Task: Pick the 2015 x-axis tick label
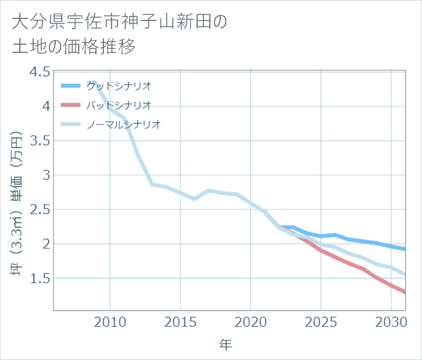(x=181, y=322)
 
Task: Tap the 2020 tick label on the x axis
(x=251, y=322)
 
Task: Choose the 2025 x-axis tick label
(x=321, y=322)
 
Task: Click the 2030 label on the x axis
(x=391, y=322)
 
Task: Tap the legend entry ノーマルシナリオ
(x=123, y=124)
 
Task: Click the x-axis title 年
(x=225, y=345)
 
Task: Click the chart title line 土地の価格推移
(x=73, y=47)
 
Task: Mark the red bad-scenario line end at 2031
(x=405, y=292)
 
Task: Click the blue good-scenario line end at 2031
(x=405, y=249)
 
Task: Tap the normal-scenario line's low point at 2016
(x=194, y=199)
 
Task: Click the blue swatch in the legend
(x=71, y=86)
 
